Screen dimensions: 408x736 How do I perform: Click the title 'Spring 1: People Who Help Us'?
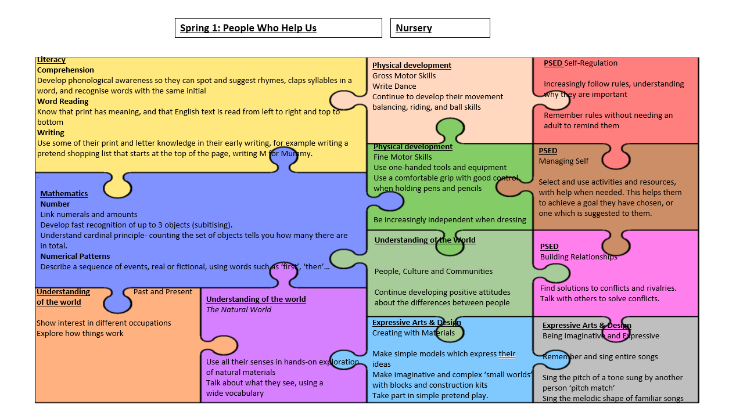[248, 28]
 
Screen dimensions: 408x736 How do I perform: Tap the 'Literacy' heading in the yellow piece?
[51, 60]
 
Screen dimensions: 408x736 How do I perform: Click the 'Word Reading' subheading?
[63, 101]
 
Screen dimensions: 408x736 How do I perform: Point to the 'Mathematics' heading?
[64, 193]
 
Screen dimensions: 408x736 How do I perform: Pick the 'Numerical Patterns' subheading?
[75, 256]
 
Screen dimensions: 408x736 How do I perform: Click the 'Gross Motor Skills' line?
[404, 75]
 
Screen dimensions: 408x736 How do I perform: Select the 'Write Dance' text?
[394, 86]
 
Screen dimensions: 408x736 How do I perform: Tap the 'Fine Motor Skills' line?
[403, 157]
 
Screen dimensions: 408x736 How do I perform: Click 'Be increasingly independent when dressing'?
[450, 219]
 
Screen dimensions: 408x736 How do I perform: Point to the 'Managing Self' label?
[563, 161]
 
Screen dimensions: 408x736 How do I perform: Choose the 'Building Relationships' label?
[579, 257]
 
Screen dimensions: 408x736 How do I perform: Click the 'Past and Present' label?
[163, 291]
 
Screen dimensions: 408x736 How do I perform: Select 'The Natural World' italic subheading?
[238, 309]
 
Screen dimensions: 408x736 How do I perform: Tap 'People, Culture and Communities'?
[433, 271]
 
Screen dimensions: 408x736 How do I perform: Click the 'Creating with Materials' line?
[413, 333]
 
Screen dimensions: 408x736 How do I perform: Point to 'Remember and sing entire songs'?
[600, 356]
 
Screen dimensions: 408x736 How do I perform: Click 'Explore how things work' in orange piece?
[80, 333]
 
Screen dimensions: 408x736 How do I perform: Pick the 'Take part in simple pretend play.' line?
[430, 395]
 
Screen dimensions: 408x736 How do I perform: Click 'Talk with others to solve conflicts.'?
[599, 298]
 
